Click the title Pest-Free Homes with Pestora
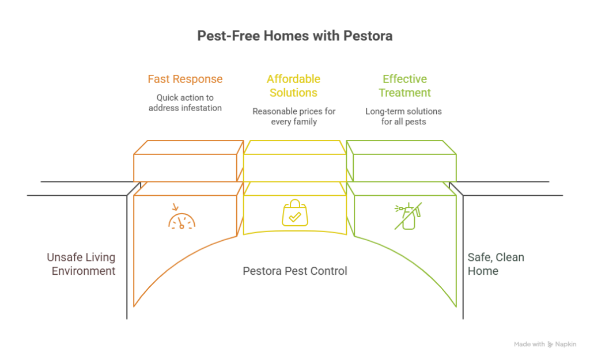click(x=294, y=36)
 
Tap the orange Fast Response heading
click(x=184, y=78)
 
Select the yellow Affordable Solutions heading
click(x=293, y=85)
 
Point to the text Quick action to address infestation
click(x=184, y=102)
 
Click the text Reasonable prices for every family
click(x=293, y=116)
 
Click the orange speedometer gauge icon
click(x=181, y=218)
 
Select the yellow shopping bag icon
click(x=294, y=214)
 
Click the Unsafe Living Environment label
click(x=81, y=264)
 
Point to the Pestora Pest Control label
click(x=294, y=270)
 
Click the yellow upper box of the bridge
click(x=294, y=161)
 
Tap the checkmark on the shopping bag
click(x=294, y=218)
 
